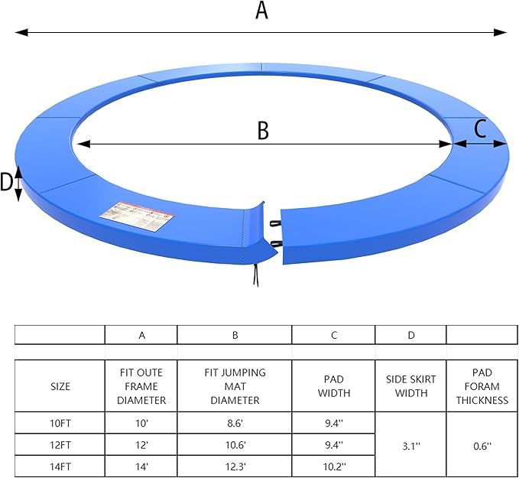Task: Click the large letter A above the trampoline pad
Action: coord(261,11)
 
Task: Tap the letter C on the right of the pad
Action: coord(480,129)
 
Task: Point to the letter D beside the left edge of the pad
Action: coord(7,182)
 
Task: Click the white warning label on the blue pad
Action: coord(143,216)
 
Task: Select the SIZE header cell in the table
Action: coord(60,386)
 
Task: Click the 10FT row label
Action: coord(60,423)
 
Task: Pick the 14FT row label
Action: coord(60,466)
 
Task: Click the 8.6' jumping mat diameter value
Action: coord(235,423)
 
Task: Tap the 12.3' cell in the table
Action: coord(235,466)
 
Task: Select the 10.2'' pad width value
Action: coord(333,466)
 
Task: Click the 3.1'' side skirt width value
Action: coord(410,444)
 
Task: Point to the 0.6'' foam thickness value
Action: coord(482,444)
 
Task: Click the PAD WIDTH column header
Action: coord(333,386)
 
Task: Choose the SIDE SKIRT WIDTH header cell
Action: coord(410,386)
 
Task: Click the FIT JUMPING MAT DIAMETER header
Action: coord(235,386)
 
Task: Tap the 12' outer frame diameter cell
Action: coord(141,444)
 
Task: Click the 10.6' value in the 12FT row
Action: coord(235,444)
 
